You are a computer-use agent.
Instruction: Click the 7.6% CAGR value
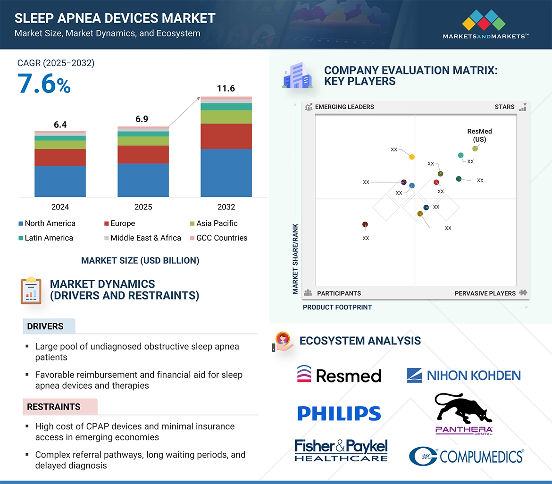click(x=44, y=84)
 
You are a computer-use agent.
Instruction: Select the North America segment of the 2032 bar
click(x=226, y=173)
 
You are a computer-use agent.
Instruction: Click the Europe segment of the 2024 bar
click(x=60, y=157)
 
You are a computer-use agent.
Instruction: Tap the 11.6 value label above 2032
click(x=226, y=89)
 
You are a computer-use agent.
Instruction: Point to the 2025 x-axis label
click(x=143, y=207)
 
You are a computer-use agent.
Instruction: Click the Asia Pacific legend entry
click(x=217, y=224)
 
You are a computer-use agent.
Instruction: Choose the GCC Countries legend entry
click(x=221, y=238)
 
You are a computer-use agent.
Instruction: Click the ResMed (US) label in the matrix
click(x=479, y=135)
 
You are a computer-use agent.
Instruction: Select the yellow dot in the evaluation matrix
click(x=412, y=157)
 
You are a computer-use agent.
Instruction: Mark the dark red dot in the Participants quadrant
click(x=365, y=225)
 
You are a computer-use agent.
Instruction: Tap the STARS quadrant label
click(x=504, y=107)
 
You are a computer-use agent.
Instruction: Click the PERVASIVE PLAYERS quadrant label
click(x=485, y=293)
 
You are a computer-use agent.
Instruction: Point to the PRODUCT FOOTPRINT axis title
click(x=337, y=308)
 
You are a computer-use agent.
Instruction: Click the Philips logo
click(x=339, y=414)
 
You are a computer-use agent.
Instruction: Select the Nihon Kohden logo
click(x=464, y=376)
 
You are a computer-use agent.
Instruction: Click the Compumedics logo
click(x=466, y=456)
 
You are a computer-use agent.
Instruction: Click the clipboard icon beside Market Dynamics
click(x=31, y=291)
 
